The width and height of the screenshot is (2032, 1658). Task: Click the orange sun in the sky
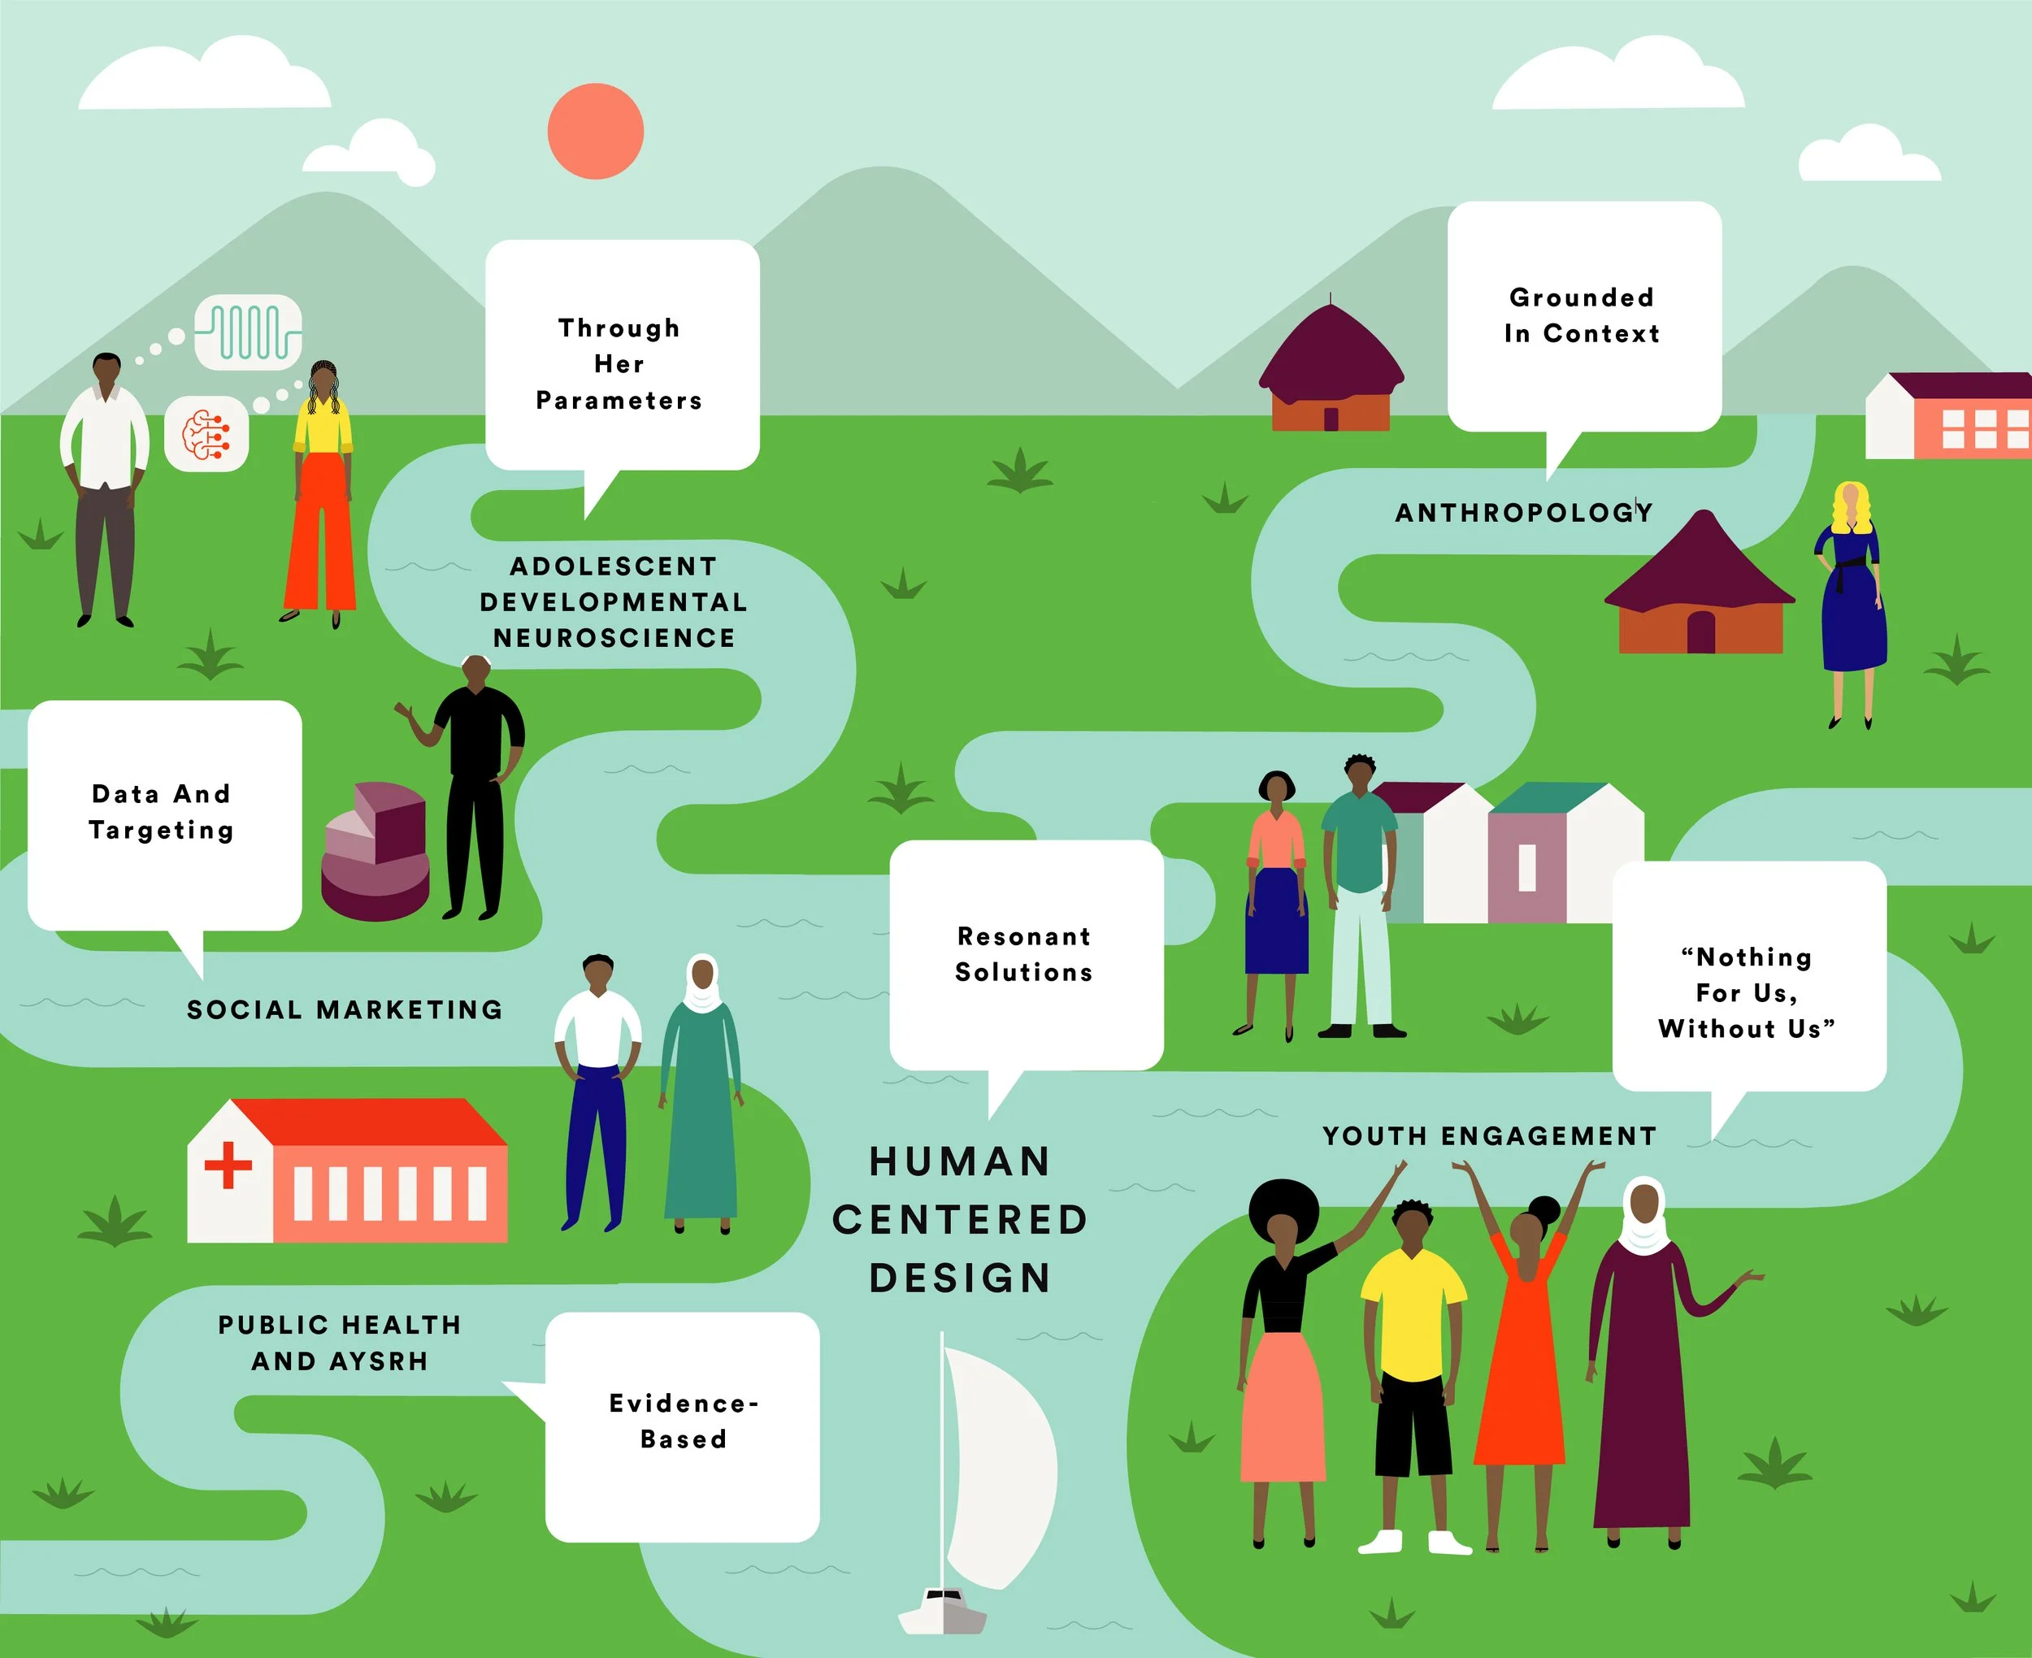(595, 131)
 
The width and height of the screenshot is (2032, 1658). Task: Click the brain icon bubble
(206, 435)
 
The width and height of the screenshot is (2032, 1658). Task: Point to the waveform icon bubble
(248, 332)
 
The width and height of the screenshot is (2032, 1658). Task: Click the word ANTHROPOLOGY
(1522, 513)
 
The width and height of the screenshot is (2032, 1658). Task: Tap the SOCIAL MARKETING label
(344, 1009)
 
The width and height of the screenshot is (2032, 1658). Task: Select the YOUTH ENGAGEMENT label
(1489, 1135)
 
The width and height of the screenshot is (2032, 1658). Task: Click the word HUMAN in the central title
(960, 1161)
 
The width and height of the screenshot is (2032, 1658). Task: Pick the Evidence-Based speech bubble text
(683, 1421)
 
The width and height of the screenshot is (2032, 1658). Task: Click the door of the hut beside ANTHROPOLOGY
(1700, 632)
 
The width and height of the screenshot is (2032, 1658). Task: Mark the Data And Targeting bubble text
(162, 812)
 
